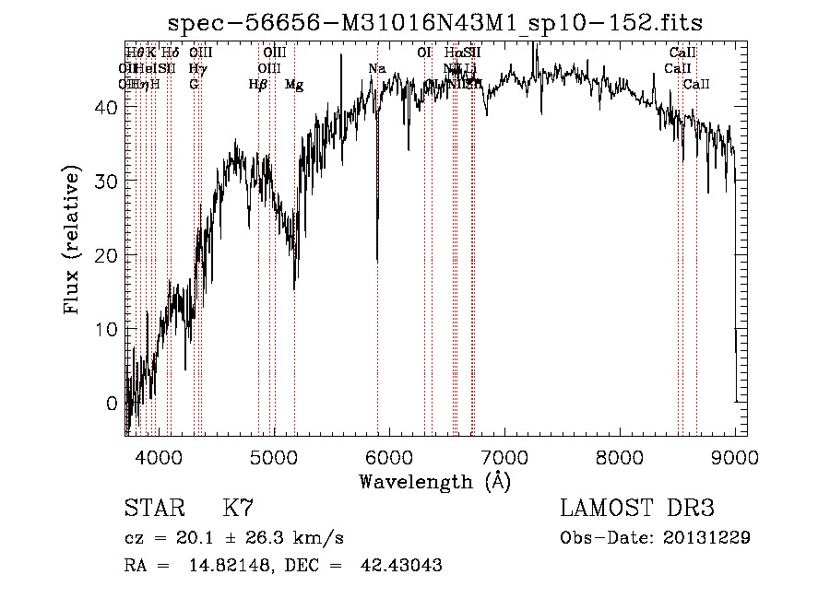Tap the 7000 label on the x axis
coord(504,455)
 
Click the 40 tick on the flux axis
coord(107,107)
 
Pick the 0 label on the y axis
coord(112,403)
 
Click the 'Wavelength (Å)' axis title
coord(434,481)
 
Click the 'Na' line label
coord(376,69)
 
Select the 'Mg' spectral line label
coord(294,85)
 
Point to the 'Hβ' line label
coord(258,85)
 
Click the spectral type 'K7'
coord(238,509)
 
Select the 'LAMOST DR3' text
coord(637,509)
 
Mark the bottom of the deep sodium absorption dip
coord(377,261)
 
